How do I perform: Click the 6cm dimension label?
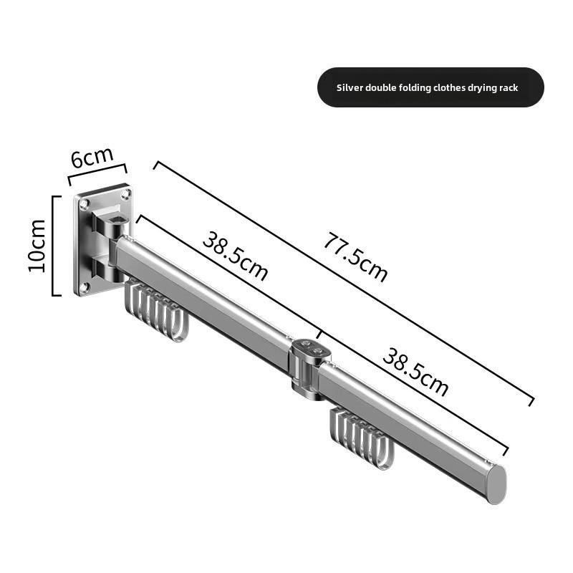click(x=91, y=157)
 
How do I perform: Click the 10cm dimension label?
click(x=37, y=245)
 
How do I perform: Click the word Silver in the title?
click(x=350, y=88)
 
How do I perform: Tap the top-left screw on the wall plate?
click(x=85, y=204)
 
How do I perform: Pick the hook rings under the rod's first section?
click(x=156, y=312)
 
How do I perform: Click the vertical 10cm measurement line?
click(x=53, y=245)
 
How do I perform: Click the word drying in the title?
click(x=485, y=88)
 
